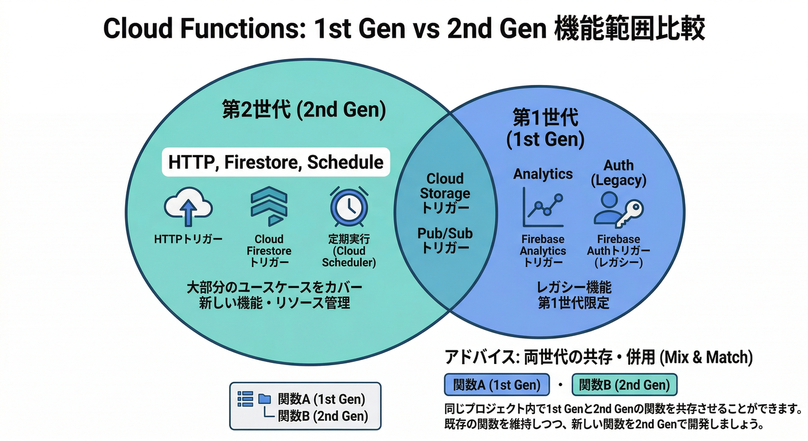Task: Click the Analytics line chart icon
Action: pyautogui.click(x=542, y=207)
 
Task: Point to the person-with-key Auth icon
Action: pyautogui.click(x=618, y=207)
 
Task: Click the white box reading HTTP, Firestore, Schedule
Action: pyautogui.click(x=275, y=162)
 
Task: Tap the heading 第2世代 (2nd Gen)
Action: pyautogui.click(x=304, y=110)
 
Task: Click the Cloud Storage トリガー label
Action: pyautogui.click(x=445, y=193)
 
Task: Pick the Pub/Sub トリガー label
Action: pyautogui.click(x=445, y=241)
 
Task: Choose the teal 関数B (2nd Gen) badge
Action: pyautogui.click(x=624, y=385)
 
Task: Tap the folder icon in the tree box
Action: pyautogui.click(x=264, y=398)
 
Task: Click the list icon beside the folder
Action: pyautogui.click(x=245, y=399)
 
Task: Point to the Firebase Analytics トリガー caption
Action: pyautogui.click(x=542, y=251)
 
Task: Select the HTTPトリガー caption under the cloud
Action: pyautogui.click(x=188, y=239)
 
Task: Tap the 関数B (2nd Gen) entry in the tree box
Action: pyautogui.click(x=323, y=416)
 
